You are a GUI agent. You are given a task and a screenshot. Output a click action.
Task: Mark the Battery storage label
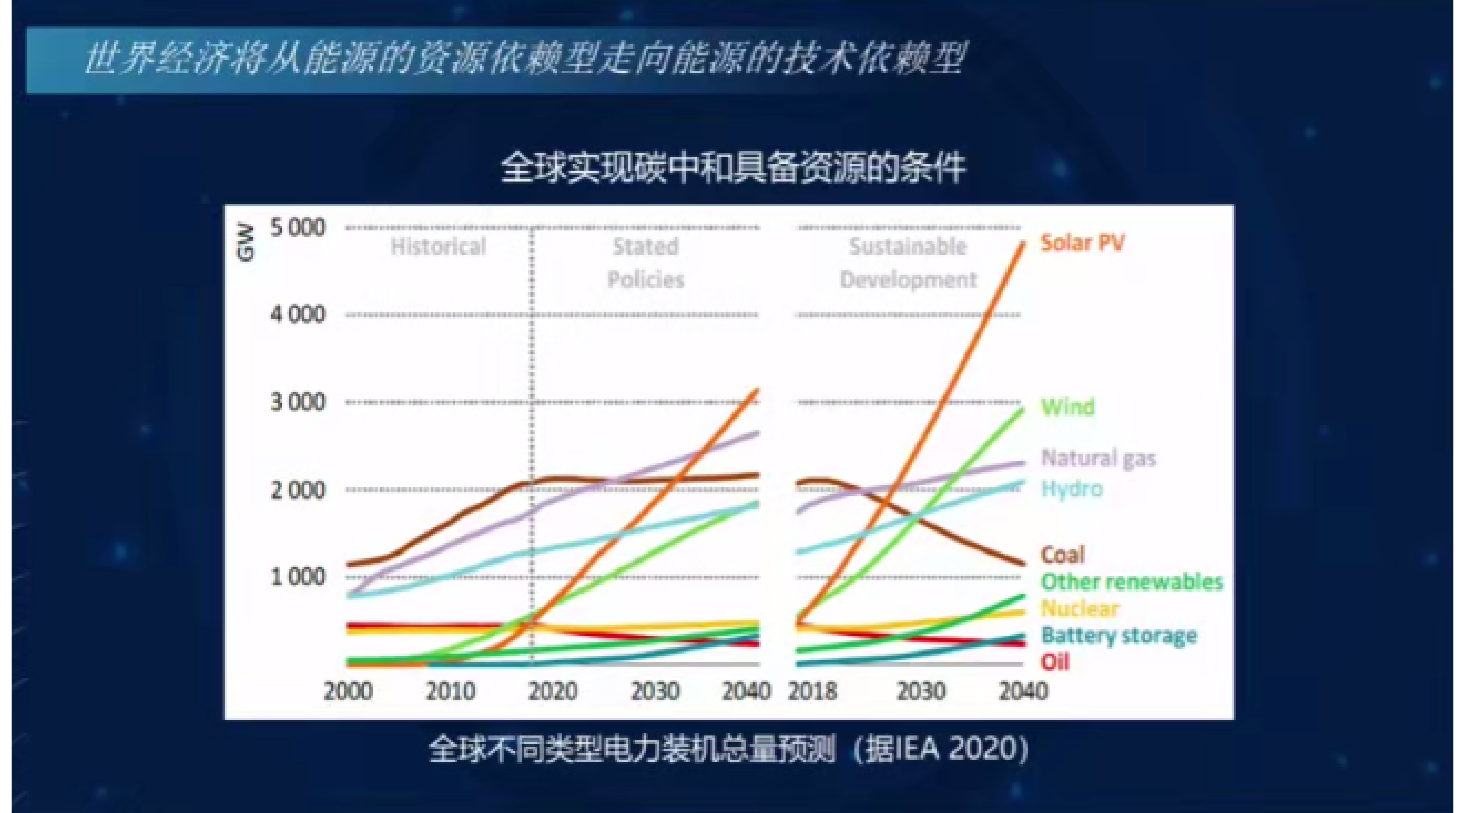[x=1119, y=635]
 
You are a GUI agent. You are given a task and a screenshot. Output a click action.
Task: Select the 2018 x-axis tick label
[x=812, y=691]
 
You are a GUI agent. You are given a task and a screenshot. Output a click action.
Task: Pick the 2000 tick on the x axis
[x=348, y=691]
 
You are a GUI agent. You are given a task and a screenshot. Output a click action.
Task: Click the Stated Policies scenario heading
[x=645, y=263]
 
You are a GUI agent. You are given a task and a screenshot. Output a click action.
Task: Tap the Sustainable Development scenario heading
[x=908, y=263]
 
